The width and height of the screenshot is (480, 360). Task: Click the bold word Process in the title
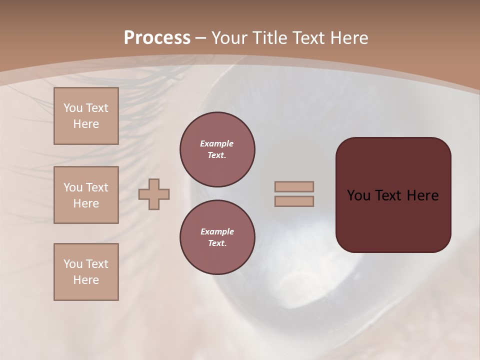(x=157, y=38)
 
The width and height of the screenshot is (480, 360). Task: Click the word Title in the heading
(x=270, y=38)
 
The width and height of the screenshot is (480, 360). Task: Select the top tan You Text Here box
(x=86, y=116)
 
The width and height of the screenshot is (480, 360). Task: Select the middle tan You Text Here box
(x=86, y=195)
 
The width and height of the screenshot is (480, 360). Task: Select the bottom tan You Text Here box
(x=86, y=272)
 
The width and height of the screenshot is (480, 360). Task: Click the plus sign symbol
(x=154, y=194)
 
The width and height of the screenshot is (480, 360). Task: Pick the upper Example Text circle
(x=217, y=149)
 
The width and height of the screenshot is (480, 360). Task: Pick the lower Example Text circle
(x=217, y=237)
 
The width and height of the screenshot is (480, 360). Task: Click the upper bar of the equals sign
(x=294, y=186)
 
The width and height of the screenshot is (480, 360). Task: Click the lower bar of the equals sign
(x=294, y=201)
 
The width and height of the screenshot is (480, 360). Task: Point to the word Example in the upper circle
(x=217, y=143)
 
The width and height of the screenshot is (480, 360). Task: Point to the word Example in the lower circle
(x=217, y=231)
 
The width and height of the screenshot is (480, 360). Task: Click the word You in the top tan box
(x=72, y=108)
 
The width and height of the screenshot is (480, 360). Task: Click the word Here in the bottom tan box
(x=86, y=280)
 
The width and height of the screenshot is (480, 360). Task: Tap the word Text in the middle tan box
(x=97, y=187)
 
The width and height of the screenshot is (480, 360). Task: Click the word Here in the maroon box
(x=422, y=195)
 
